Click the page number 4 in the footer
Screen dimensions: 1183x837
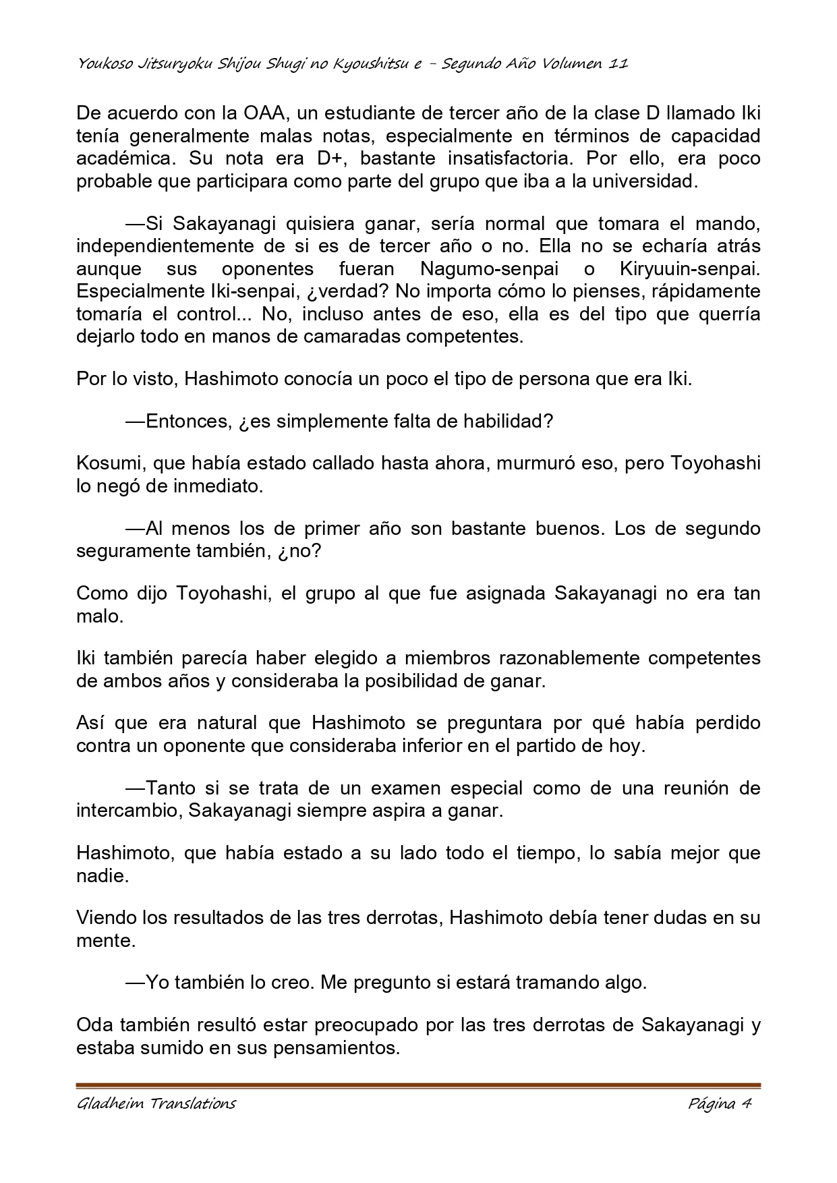point(747,1104)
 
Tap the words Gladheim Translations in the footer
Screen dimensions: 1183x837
point(156,1104)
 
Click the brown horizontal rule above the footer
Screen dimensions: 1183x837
point(418,1085)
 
